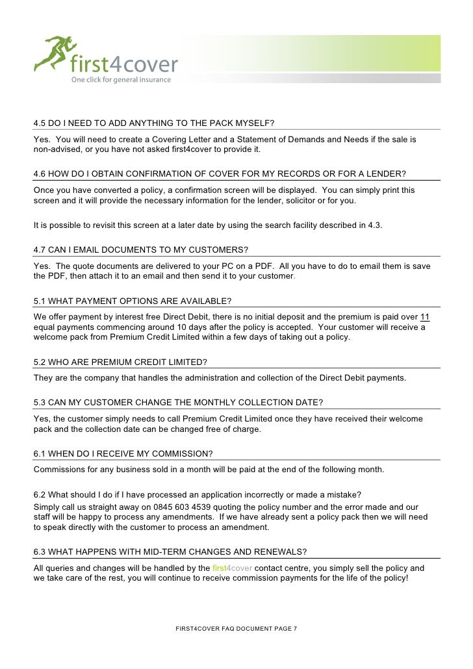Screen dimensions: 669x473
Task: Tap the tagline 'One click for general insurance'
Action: coord(112,80)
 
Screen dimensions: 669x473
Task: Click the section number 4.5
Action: coord(40,123)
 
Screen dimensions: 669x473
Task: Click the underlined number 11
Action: coord(425,317)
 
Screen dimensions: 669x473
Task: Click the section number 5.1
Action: coord(40,301)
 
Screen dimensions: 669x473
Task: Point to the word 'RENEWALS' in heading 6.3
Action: coord(278,552)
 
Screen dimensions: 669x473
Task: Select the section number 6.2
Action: coord(40,495)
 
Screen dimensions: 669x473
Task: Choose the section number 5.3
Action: coord(40,402)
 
